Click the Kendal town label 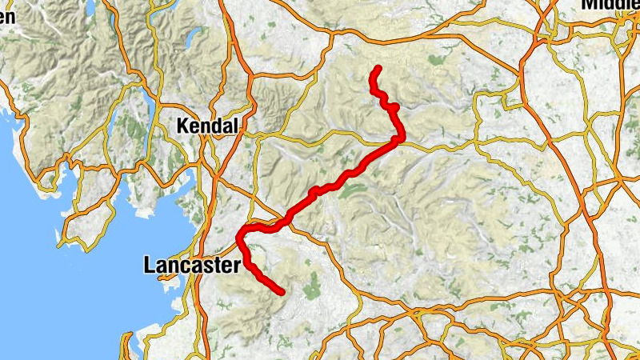tap(207, 126)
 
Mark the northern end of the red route tap(378, 67)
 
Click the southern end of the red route tap(282, 293)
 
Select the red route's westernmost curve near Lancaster tap(240, 236)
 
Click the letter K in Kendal tap(182, 126)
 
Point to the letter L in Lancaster tap(148, 266)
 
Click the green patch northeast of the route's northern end tap(436, 60)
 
